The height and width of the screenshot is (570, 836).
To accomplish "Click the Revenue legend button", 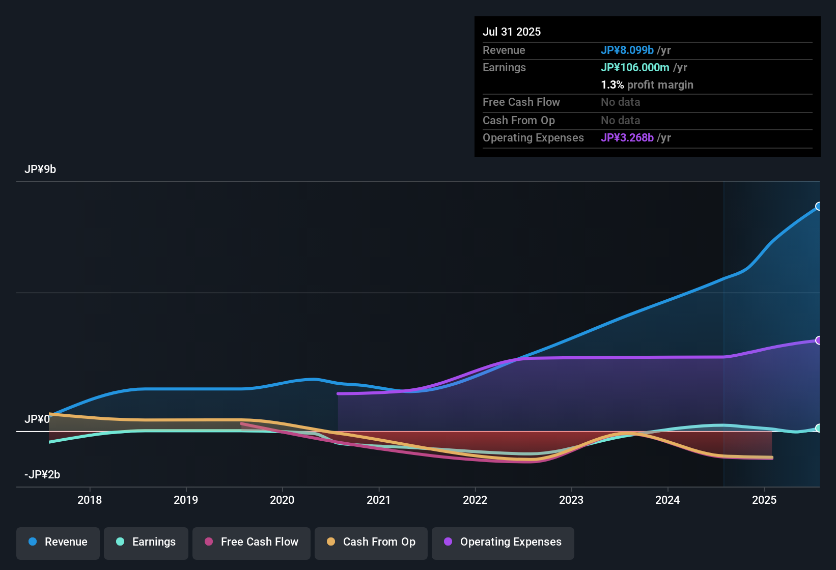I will pyautogui.click(x=58, y=542).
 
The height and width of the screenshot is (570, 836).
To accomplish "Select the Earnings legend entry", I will pyautogui.click(x=146, y=542).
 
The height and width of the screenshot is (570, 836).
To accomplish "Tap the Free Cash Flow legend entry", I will pyautogui.click(x=252, y=542).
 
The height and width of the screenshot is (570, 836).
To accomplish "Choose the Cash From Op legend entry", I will pyautogui.click(x=371, y=542).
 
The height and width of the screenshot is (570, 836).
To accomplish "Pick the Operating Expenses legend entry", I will pyautogui.click(x=503, y=542).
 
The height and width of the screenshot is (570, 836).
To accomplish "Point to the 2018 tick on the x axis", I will pyautogui.click(x=90, y=500).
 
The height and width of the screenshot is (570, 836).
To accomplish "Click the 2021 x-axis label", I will pyautogui.click(x=378, y=500).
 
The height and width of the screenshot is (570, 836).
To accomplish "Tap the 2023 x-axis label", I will pyautogui.click(x=571, y=500).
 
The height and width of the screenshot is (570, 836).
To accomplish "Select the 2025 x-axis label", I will pyautogui.click(x=764, y=500).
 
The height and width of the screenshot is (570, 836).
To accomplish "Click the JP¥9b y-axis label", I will pyautogui.click(x=40, y=169).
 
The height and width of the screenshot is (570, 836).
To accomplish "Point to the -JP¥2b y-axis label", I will pyautogui.click(x=42, y=475).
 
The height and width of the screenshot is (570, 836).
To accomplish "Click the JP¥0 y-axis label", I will pyautogui.click(x=37, y=419).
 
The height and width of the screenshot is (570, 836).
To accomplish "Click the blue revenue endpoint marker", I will pyautogui.click(x=819, y=206).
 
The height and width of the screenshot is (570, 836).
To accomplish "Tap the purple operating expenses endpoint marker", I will pyautogui.click(x=819, y=340).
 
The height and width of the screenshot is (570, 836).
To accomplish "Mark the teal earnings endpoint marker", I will pyautogui.click(x=819, y=428).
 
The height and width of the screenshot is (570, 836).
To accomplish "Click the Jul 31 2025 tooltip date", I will pyautogui.click(x=512, y=32).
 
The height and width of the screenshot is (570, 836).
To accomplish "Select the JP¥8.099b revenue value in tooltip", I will pyautogui.click(x=627, y=50).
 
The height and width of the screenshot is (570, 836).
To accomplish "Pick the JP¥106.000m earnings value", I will pyautogui.click(x=635, y=68).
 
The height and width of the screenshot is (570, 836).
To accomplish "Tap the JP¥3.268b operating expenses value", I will pyautogui.click(x=627, y=138).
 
